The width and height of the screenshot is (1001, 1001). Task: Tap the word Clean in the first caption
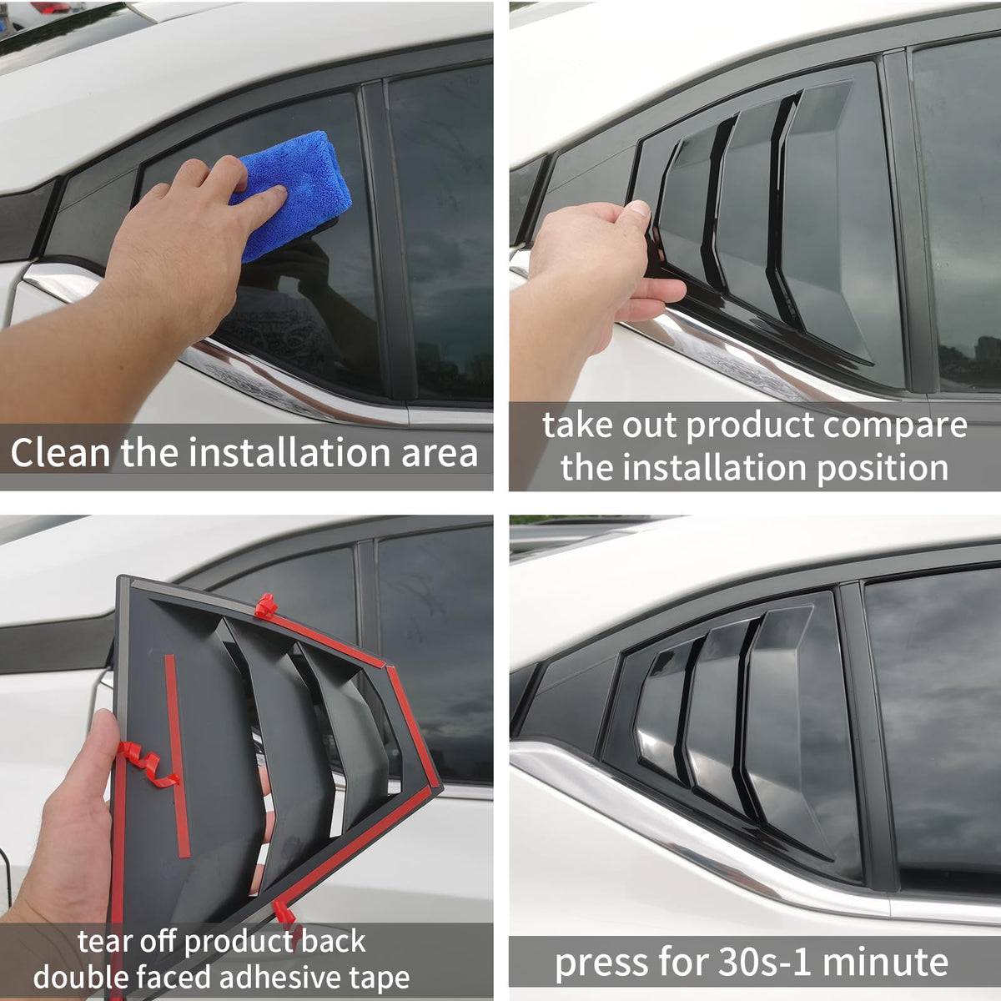(60, 452)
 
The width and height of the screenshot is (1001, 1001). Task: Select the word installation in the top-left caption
(289, 452)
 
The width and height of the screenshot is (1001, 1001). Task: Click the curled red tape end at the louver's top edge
(265, 606)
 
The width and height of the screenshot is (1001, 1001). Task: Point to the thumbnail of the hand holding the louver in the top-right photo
(639, 209)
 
